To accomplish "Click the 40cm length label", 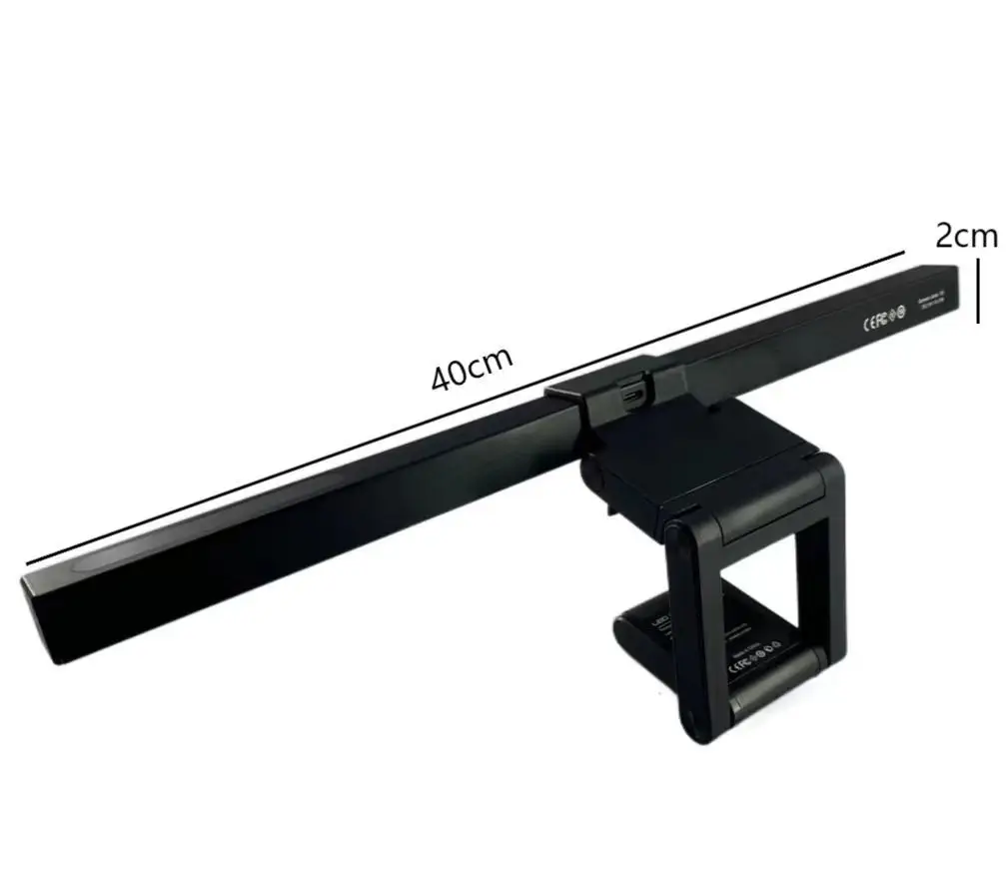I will (472, 370).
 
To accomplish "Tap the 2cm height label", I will (966, 236).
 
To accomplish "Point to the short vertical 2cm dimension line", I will (979, 293).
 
